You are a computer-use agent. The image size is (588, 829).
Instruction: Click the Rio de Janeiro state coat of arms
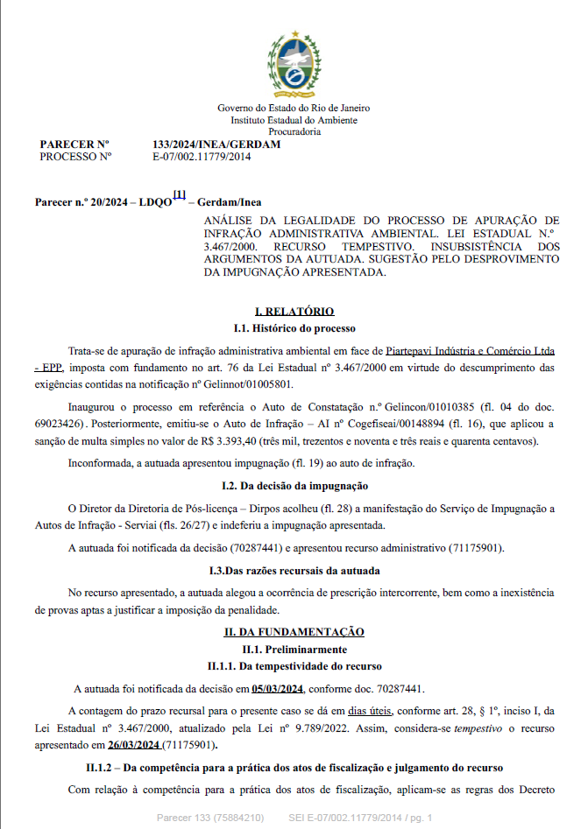[x=294, y=62]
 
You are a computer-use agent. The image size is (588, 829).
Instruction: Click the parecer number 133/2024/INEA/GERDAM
[x=216, y=144]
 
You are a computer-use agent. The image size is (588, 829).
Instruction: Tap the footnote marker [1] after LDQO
[x=179, y=195]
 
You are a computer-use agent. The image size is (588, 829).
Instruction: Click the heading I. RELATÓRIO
[x=294, y=312]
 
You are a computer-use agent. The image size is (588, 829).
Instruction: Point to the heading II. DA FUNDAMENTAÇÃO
[x=294, y=632]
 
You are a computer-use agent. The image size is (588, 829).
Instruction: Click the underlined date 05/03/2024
[x=278, y=688]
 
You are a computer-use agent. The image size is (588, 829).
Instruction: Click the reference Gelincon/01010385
[x=438, y=407]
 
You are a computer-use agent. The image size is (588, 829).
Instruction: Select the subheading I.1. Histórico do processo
[x=294, y=328]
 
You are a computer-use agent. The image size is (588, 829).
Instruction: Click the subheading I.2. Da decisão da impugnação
[x=294, y=485]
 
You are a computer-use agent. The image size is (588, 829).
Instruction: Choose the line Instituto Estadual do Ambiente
[x=294, y=120]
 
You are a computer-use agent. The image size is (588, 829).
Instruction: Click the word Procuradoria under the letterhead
[x=294, y=131]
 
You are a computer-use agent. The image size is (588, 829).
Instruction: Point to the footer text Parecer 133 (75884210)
[x=210, y=818]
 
